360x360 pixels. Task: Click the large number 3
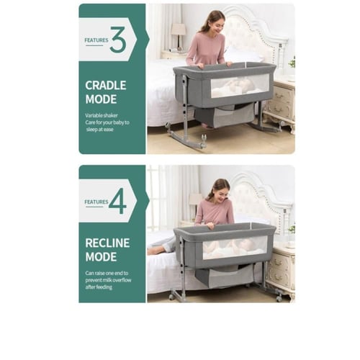click(118, 40)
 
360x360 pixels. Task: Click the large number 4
click(117, 201)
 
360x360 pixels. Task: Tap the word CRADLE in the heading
click(106, 86)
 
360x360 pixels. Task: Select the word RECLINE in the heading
click(107, 243)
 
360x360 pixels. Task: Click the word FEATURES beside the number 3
click(96, 40)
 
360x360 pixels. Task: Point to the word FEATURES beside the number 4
click(96, 202)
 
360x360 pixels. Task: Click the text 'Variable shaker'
click(102, 115)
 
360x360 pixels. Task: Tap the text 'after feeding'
click(99, 287)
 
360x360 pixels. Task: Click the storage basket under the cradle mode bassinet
click(225, 116)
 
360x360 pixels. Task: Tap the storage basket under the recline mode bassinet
click(225, 276)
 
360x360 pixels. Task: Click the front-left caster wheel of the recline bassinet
click(171, 297)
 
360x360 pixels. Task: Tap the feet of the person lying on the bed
click(153, 250)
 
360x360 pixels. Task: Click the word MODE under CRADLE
click(101, 99)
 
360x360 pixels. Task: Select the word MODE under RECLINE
click(101, 257)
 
